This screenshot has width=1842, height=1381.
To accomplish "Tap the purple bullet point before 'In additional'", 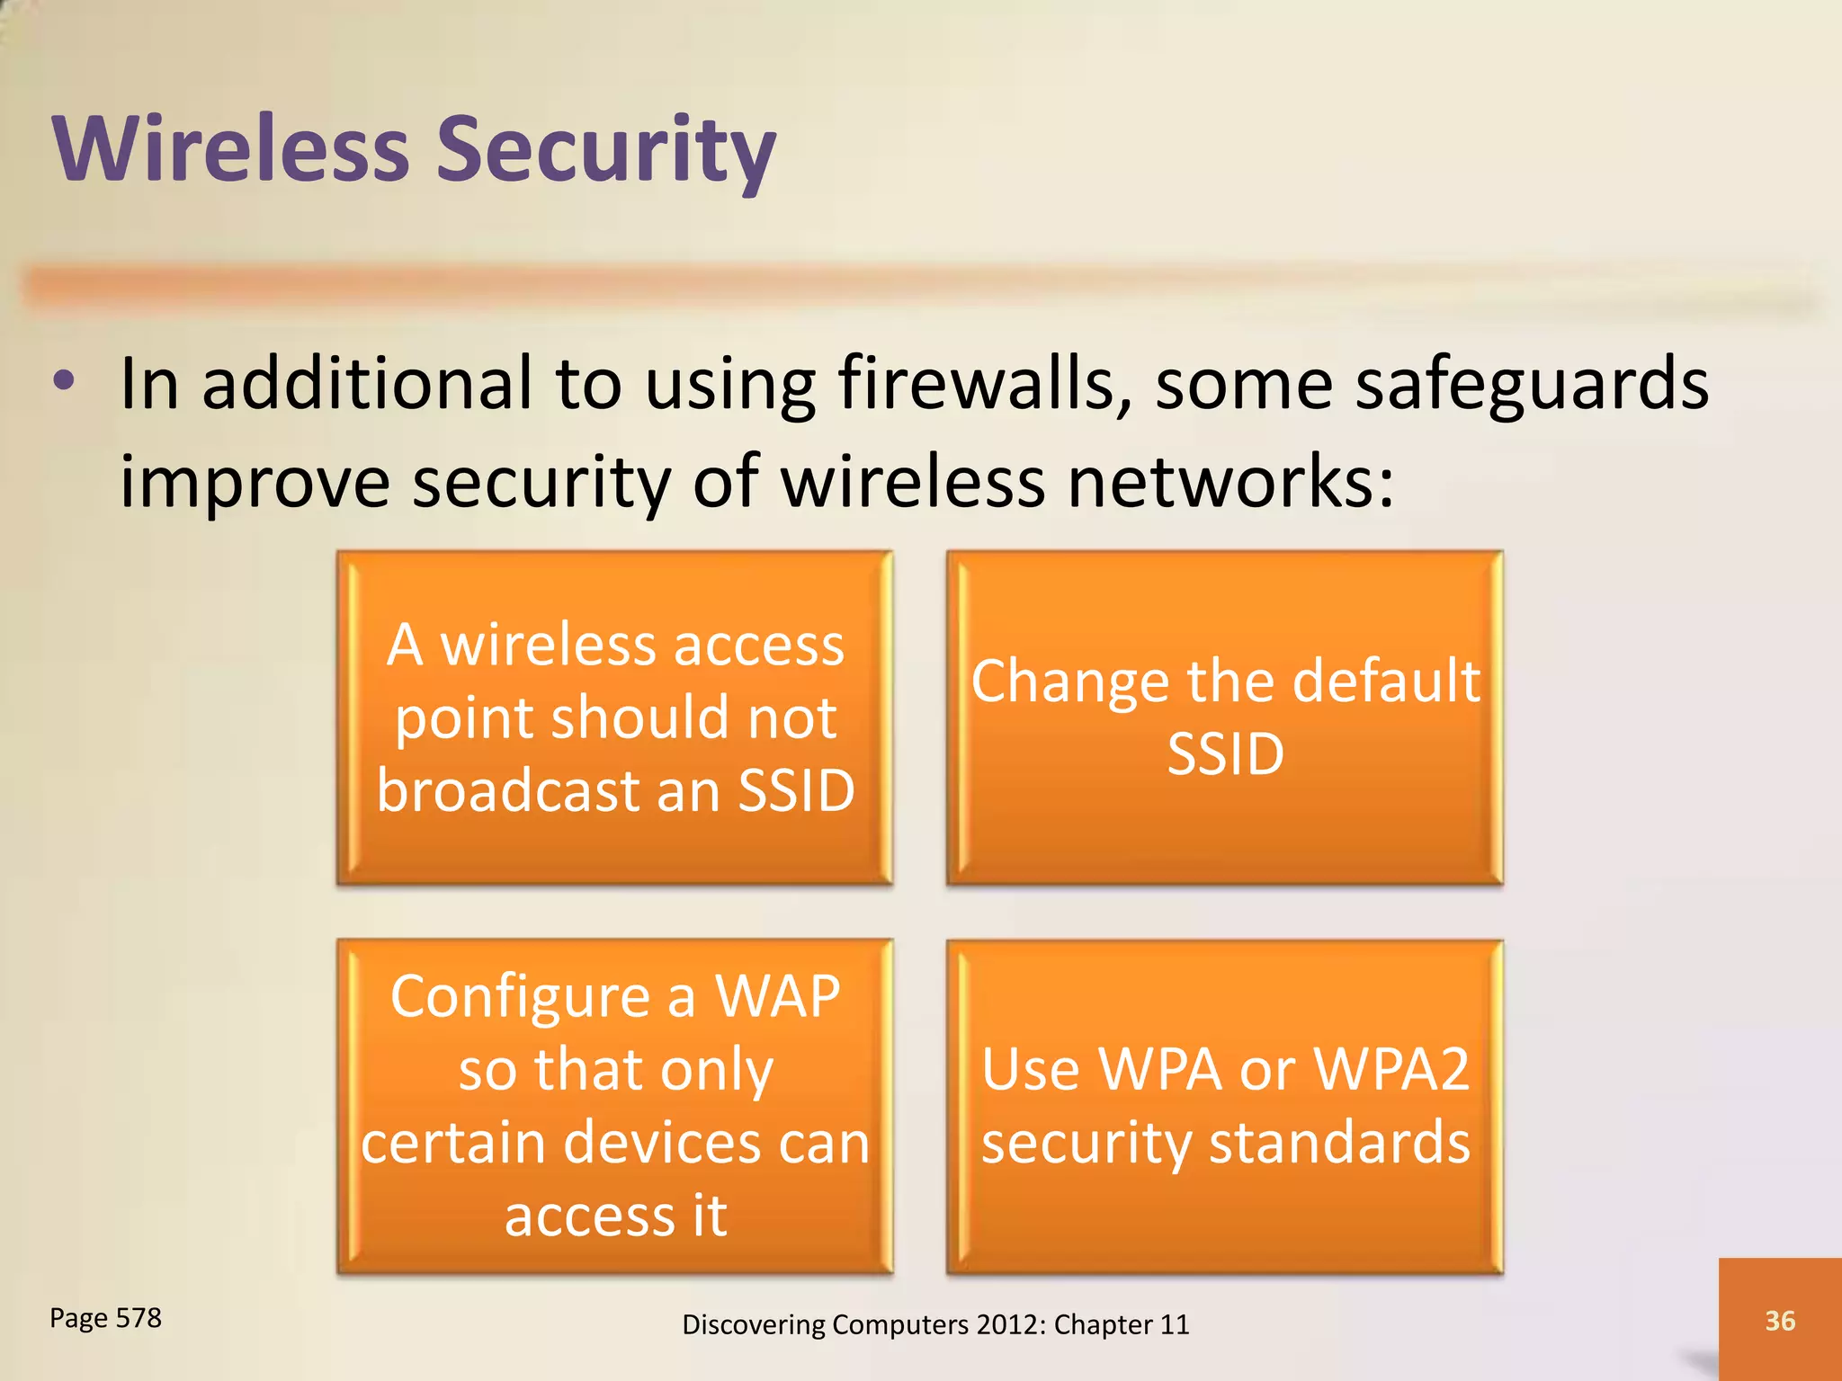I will (63, 381).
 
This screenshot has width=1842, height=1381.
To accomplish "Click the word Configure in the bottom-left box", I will (520, 999).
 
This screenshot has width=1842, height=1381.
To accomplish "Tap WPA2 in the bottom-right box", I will (1390, 1070).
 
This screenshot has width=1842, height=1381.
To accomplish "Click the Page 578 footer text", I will (105, 1318).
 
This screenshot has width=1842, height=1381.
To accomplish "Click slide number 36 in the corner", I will (1779, 1320).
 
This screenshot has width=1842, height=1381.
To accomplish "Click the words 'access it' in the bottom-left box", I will (615, 1216).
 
